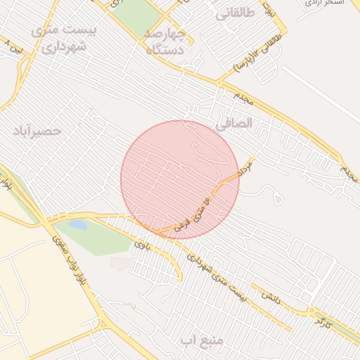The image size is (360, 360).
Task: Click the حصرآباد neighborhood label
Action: pyautogui.click(x=37, y=131)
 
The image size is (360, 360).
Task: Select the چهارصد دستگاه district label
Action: pyautogui.click(x=165, y=41)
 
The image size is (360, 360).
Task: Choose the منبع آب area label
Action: pyautogui.click(x=201, y=341)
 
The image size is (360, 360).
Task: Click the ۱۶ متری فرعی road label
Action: pyautogui.click(x=198, y=208)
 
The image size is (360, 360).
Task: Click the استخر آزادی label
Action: pyautogui.click(x=323, y=4)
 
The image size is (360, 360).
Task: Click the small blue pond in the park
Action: pyautogui.click(x=77, y=226)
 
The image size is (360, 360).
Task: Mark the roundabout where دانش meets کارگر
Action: pyautogui.click(x=309, y=311)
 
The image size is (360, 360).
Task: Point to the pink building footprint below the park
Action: pyautogui.click(x=120, y=262)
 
